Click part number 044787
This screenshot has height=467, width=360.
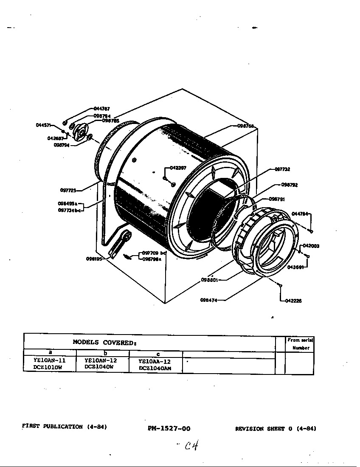pyautogui.click(x=101, y=109)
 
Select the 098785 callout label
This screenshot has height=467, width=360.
pyautogui.click(x=110, y=121)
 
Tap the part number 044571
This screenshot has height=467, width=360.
pyautogui.click(x=43, y=125)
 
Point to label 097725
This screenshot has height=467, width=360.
pyautogui.click(x=68, y=190)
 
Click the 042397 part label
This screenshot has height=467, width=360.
pyautogui.click(x=178, y=168)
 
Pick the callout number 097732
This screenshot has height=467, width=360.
pyautogui.click(x=282, y=169)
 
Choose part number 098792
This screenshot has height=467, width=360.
pyautogui.click(x=289, y=185)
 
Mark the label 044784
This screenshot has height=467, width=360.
pyautogui.click(x=300, y=214)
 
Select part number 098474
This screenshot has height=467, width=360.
pyautogui.click(x=209, y=300)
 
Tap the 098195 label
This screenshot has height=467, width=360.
pyautogui.click(x=94, y=259)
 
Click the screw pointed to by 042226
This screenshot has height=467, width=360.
pyautogui.click(x=281, y=285)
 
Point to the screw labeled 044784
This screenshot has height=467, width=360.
pyautogui.click(x=312, y=231)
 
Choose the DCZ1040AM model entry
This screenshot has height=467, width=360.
pyautogui.click(x=155, y=369)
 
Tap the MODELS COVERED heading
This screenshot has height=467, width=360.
pyautogui.click(x=104, y=342)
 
